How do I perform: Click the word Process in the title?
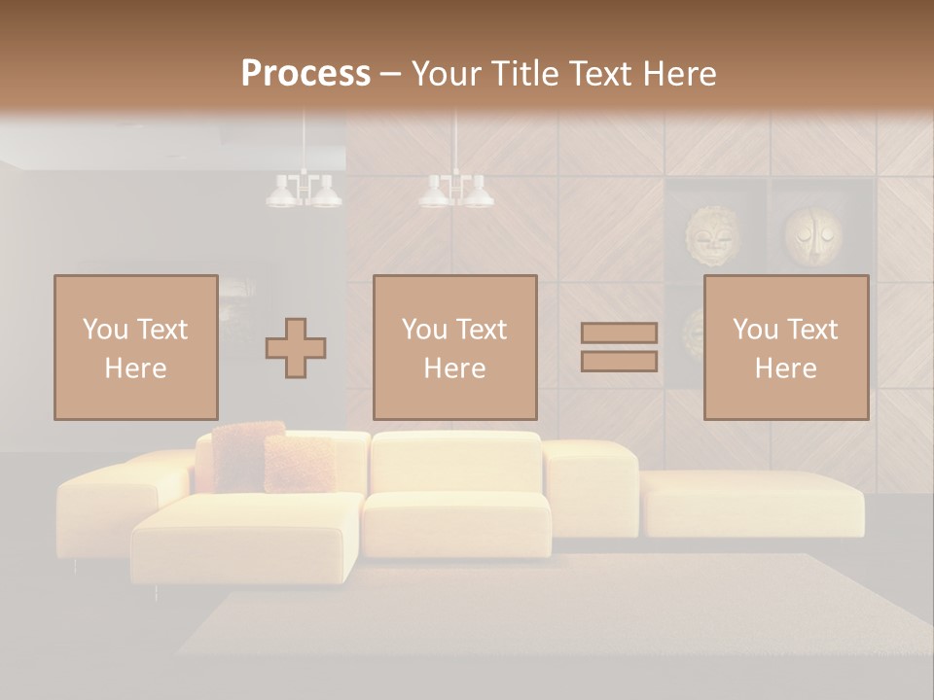pyautogui.click(x=305, y=74)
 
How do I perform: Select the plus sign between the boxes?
pyautogui.click(x=296, y=348)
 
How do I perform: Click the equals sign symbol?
pyautogui.click(x=619, y=347)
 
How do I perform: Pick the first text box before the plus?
pyautogui.click(x=135, y=347)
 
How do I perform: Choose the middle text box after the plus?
pyautogui.click(x=454, y=347)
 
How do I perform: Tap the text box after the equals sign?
pyautogui.click(x=785, y=347)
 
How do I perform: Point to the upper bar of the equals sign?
pyautogui.click(x=619, y=333)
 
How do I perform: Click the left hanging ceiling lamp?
pyautogui.click(x=304, y=191)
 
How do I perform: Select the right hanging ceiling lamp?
pyautogui.click(x=455, y=191)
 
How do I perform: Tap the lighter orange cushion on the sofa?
pyautogui.click(x=299, y=463)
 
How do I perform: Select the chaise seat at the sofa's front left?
pyautogui.click(x=248, y=535)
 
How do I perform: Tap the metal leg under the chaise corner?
pyautogui.click(x=157, y=591)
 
